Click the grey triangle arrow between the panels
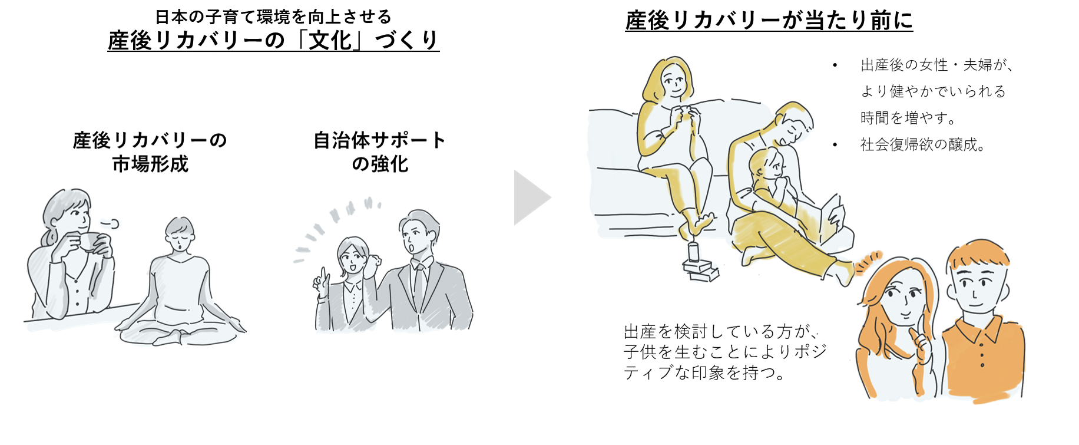[x=529, y=198]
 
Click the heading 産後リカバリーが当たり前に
[x=769, y=21]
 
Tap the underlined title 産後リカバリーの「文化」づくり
[x=273, y=41]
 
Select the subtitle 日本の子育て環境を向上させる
[x=273, y=16]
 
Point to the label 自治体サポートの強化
[x=379, y=152]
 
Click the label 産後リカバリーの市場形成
[x=150, y=152]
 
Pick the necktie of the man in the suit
[x=419, y=283]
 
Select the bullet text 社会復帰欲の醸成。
[x=922, y=144]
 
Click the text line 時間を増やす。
[x=908, y=118]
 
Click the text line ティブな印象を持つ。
[x=704, y=373]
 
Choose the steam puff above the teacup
[x=110, y=223]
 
